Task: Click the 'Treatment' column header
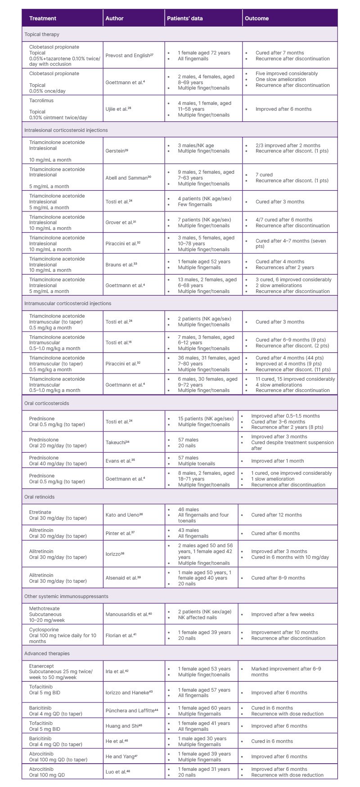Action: pyautogui.click(x=43, y=18)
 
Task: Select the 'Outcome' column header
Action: pyautogui.click(x=256, y=18)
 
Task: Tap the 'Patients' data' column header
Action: pyautogui.click(x=185, y=18)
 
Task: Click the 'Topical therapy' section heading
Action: pyautogui.click(x=42, y=34)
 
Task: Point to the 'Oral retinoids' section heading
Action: pyautogui.click(x=40, y=497)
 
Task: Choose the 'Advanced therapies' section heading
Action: pyautogui.click(x=47, y=653)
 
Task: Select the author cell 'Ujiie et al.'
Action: pyautogui.click(x=118, y=109)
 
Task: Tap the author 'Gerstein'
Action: pyautogui.click(x=117, y=151)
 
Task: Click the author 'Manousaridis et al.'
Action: pyautogui.click(x=128, y=614)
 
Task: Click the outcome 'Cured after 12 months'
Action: pyautogui.click(x=276, y=515)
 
